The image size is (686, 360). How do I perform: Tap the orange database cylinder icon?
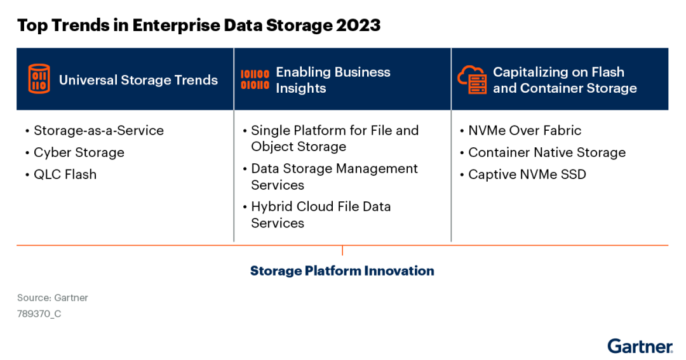coord(39,79)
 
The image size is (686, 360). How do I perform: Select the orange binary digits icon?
coord(255,79)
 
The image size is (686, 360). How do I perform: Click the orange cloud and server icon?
coord(472,80)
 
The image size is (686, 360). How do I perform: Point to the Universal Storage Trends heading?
coord(138,80)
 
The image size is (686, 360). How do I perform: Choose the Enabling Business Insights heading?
coord(333,80)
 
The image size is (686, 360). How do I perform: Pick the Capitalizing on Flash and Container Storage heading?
coord(565,80)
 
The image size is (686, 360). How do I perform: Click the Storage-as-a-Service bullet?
coord(98,130)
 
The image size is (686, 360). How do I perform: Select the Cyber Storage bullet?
coord(79,152)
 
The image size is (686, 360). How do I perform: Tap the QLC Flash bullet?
coord(65,174)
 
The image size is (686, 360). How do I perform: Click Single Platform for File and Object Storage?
coord(334,138)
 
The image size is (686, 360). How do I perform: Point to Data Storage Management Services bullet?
coord(334,177)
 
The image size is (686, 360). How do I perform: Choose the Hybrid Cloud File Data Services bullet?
coord(321,215)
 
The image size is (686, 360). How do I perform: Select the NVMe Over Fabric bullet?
coord(524,130)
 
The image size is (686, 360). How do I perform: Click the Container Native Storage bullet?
coord(546,152)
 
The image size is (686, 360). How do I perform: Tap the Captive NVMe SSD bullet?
coord(527,174)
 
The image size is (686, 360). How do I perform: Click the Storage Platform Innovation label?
coord(342,270)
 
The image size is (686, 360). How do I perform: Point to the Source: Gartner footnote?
coord(53,297)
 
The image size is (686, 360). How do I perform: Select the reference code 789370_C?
coord(39,314)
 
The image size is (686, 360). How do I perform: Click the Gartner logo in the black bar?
coord(639,347)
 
